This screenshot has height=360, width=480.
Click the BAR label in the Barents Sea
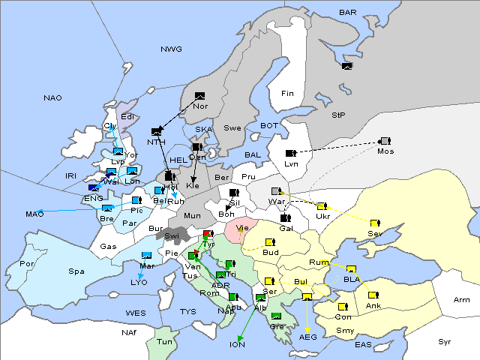coord(347,12)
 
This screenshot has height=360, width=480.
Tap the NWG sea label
coord(171,49)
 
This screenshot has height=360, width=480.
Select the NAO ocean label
coord(52,97)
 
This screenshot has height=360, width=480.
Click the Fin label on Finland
coord(286,93)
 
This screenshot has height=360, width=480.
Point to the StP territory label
coord(338,115)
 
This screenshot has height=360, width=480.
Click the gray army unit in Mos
coord(385,141)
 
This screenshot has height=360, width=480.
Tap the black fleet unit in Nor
coord(199,96)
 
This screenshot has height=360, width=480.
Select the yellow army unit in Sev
coord(374,223)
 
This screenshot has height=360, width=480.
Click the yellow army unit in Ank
coord(373,295)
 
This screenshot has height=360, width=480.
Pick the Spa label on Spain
coord(76,271)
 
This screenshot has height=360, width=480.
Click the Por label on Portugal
coord(28,264)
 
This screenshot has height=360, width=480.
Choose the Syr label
coord(445,341)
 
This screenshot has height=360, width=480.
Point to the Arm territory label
coord(462,300)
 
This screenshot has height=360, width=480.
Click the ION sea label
coord(238,344)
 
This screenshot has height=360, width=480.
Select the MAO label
coord(34,214)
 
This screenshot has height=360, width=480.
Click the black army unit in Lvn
coord(290,153)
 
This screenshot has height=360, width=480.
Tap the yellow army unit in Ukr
coord(321,206)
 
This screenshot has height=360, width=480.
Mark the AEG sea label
coord(308,337)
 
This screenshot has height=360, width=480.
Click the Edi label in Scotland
coord(127,116)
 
